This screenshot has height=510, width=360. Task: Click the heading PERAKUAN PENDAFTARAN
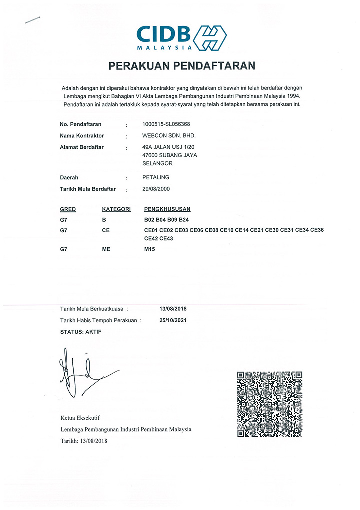[182, 66]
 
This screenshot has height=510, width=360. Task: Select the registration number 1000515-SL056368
[166, 124]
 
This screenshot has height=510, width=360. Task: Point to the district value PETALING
[156, 177]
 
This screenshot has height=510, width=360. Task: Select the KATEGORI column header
[116, 209]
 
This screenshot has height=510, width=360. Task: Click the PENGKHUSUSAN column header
[167, 209]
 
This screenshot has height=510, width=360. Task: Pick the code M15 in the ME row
[149, 249]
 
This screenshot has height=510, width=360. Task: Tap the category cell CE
[105, 230]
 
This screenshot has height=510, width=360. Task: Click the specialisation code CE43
[165, 238]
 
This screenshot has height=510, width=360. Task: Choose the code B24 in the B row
[184, 220]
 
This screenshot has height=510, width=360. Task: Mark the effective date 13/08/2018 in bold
[172, 309]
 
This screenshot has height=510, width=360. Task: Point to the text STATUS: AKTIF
[80, 332]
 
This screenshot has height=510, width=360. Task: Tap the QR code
[269, 404]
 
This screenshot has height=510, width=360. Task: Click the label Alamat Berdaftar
[81, 147]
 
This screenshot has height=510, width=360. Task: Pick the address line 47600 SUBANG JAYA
[170, 155]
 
